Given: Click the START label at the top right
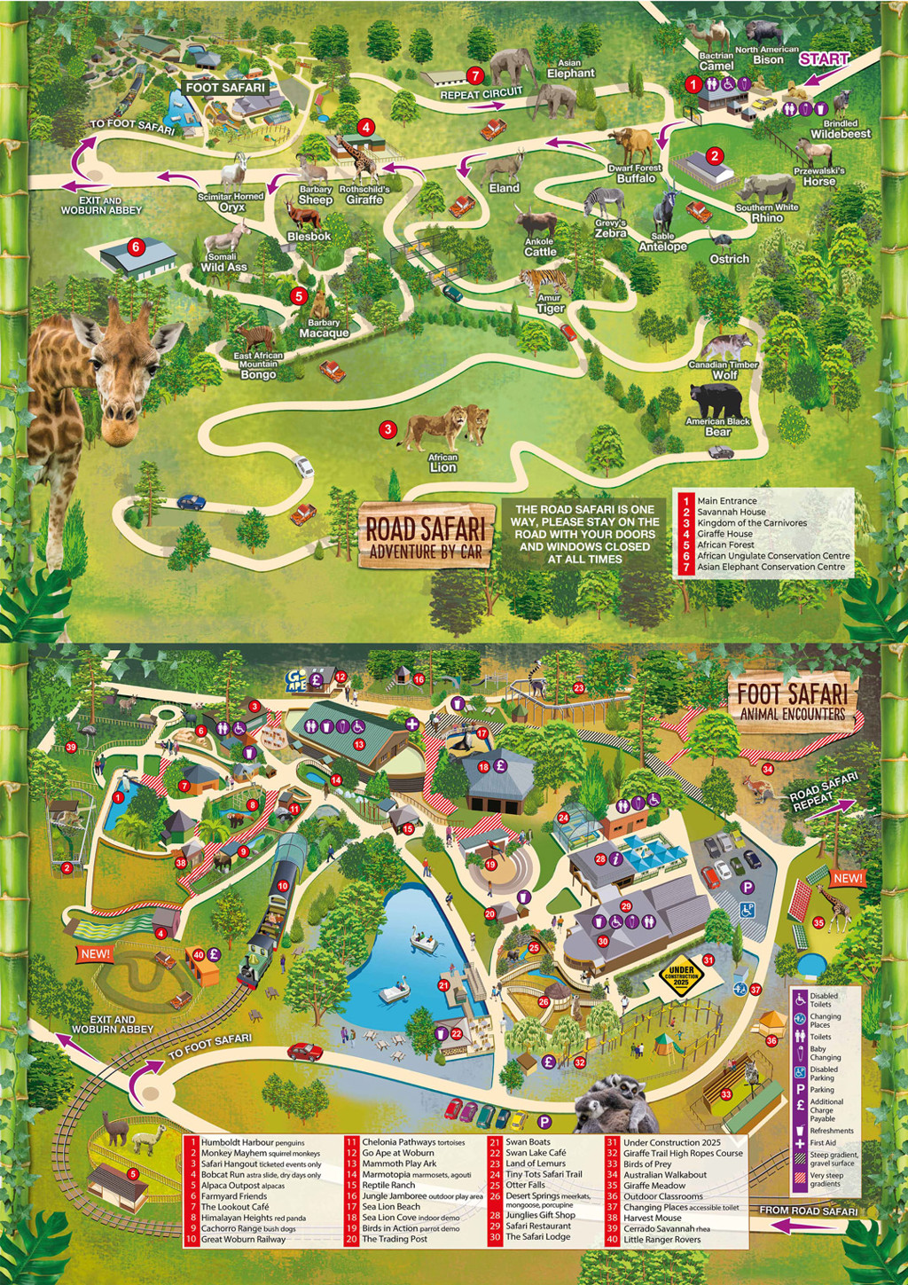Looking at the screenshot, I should pos(824,59).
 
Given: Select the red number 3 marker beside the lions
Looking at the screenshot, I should pos(387,430).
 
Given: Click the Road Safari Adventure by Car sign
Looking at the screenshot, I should pos(425,537).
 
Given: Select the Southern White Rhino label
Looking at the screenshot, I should pos(767,213).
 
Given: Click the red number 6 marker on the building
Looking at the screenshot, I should pos(136,247).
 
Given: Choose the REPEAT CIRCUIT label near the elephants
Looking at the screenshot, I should pos(481,94).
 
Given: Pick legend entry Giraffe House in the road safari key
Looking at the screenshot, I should pos(724,534).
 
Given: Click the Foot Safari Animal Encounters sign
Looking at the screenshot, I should pos(792,701).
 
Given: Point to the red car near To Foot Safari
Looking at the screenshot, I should pos(304,1052).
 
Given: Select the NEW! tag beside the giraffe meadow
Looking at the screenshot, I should pos(847,878).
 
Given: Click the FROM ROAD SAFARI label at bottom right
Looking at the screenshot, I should pos(808,1211).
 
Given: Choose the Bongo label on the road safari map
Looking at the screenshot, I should pos(258,374).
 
